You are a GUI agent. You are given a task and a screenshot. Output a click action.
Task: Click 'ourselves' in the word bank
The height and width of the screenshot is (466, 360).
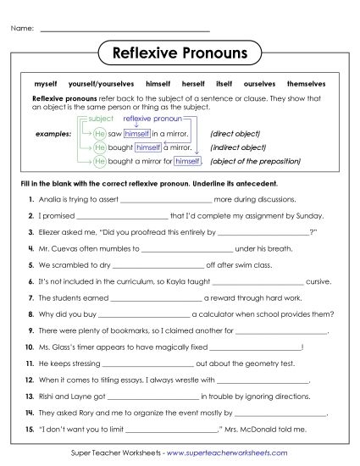259,86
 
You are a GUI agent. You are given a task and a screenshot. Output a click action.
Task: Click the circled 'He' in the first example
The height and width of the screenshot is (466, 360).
100,134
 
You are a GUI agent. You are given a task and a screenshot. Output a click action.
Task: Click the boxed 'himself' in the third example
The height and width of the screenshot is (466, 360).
186,161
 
